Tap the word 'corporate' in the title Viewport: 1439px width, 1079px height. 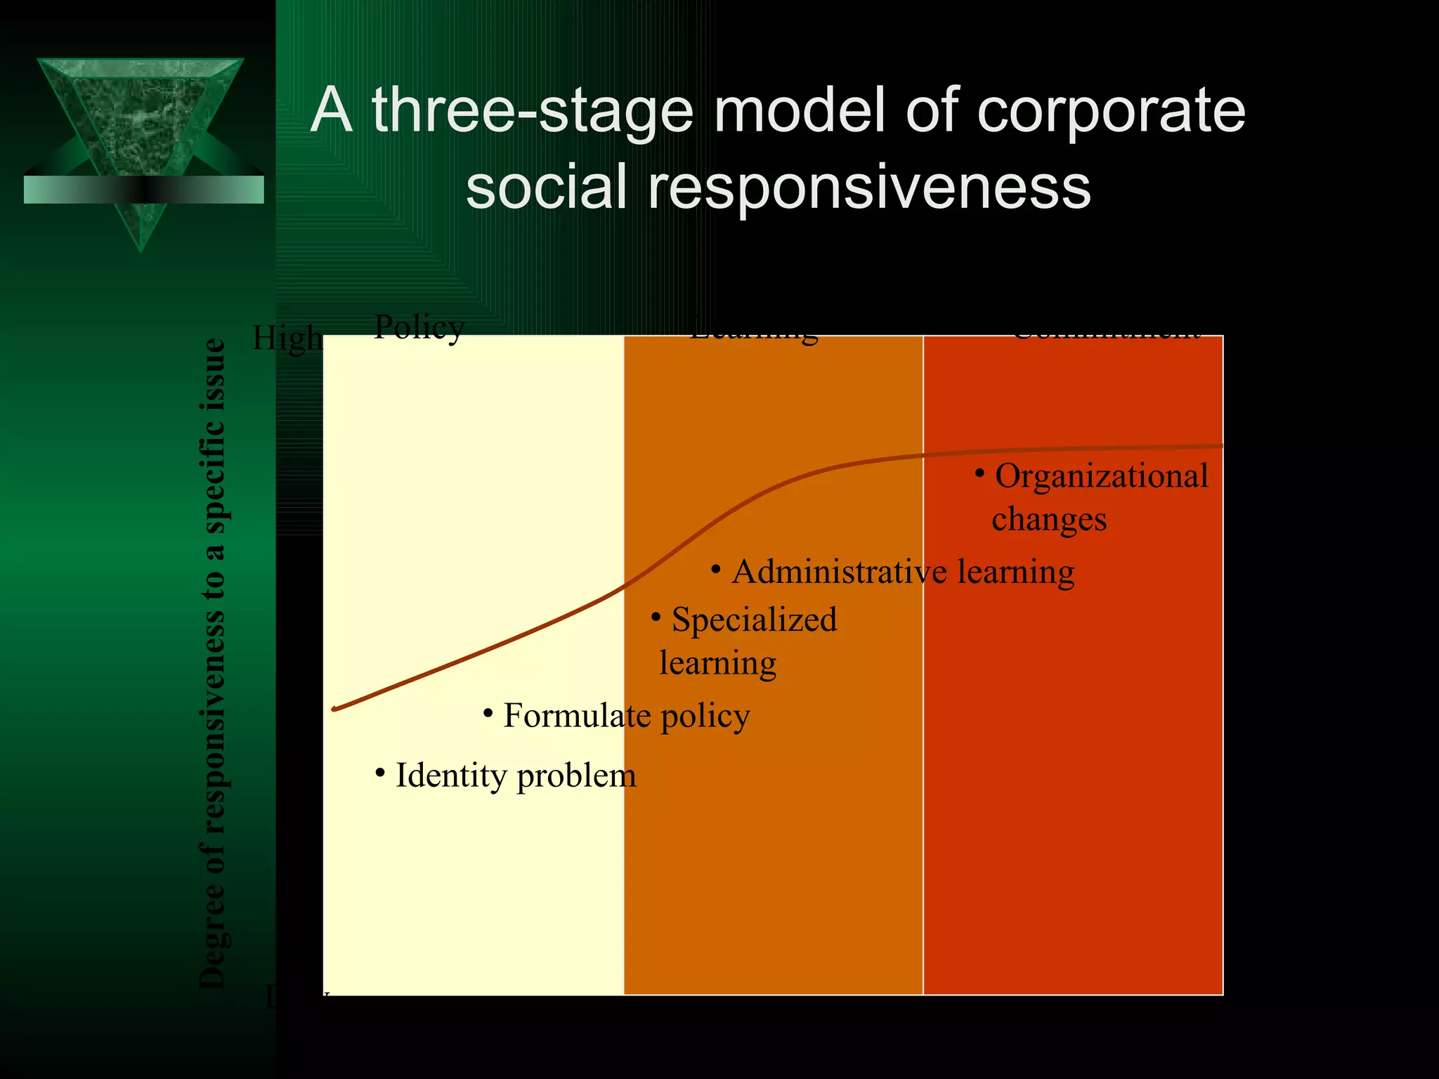[x=1110, y=111]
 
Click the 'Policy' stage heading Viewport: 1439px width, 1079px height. [x=419, y=327]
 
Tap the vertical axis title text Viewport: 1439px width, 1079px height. [x=213, y=663]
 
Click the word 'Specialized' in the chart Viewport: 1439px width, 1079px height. [x=754, y=620]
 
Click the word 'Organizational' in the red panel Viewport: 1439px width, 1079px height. [x=1101, y=476]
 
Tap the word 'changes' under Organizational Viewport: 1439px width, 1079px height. [x=1048, y=520]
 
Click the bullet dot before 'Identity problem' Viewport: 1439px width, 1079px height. [x=380, y=773]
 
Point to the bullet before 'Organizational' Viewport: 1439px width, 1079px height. [x=979, y=473]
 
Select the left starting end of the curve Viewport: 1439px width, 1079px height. [x=334, y=709]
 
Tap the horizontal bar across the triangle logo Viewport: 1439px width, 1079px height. [x=143, y=190]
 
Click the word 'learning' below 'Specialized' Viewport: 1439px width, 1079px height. [x=717, y=663]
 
